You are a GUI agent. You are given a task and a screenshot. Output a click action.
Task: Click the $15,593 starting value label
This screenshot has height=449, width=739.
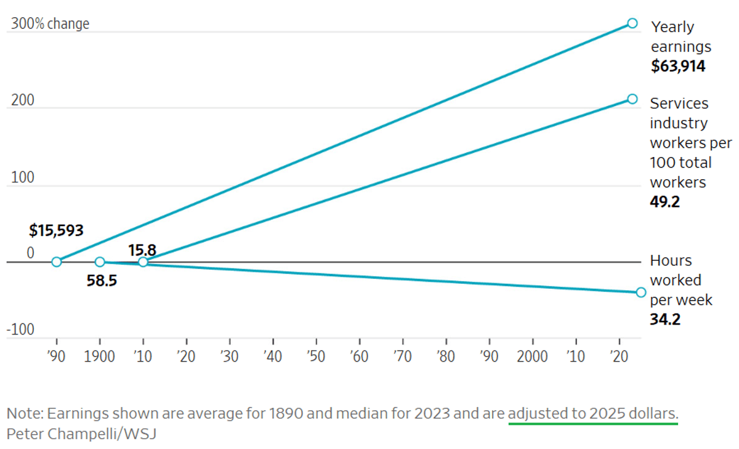[56, 231]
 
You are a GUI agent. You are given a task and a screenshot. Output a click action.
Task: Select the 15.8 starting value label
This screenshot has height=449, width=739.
[142, 250]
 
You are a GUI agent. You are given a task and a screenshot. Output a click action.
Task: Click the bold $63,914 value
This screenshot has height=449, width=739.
[678, 67]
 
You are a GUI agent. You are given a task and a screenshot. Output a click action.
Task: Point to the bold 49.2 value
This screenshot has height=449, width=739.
[665, 202]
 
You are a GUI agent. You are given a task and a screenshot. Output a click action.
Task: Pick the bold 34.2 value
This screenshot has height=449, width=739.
[665, 320]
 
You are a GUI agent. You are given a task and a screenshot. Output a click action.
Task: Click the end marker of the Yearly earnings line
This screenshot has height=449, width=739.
[632, 23]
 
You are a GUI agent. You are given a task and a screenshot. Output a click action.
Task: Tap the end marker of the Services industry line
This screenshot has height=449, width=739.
[632, 99]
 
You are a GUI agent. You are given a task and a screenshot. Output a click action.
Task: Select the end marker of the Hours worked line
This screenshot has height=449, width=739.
[640, 292]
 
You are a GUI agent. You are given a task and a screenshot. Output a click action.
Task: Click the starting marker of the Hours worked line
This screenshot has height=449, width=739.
[100, 262]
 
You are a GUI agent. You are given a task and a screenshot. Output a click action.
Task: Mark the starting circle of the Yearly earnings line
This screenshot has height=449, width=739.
[57, 262]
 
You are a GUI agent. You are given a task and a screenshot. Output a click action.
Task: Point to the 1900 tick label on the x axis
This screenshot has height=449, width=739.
[100, 357]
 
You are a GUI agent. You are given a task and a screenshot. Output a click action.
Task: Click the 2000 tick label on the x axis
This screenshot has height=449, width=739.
[532, 357]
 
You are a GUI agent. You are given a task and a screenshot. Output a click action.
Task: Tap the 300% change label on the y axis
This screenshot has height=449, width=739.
[50, 24]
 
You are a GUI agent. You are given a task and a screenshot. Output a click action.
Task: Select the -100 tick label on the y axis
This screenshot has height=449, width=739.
[21, 330]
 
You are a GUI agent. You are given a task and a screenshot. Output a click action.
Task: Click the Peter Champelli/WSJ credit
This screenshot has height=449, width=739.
[81, 434]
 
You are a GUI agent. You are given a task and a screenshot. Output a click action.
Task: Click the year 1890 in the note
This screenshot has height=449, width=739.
[286, 413]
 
